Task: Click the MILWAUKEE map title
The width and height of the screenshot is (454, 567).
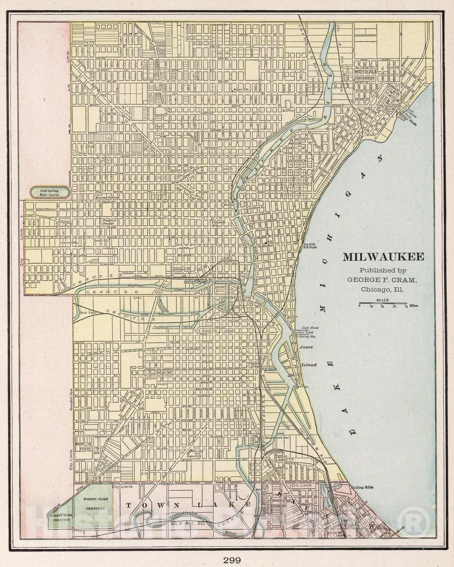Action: point(383,257)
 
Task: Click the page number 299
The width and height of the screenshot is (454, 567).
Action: point(232,550)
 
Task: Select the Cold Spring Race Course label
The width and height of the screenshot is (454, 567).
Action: point(50,193)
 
